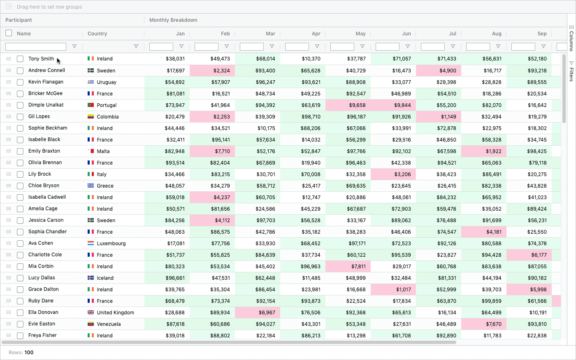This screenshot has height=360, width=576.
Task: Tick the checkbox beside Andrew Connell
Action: click(x=20, y=70)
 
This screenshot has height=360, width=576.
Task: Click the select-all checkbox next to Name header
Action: click(x=9, y=33)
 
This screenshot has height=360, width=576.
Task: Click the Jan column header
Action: click(x=180, y=34)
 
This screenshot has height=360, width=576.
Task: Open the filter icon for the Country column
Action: click(x=136, y=46)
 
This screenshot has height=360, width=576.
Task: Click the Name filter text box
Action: click(x=36, y=46)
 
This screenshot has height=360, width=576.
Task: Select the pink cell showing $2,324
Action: click(x=212, y=70)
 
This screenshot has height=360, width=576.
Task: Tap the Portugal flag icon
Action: click(x=91, y=105)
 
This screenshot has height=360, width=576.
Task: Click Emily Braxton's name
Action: click(x=44, y=151)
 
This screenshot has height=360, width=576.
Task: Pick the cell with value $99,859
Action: click(x=484, y=301)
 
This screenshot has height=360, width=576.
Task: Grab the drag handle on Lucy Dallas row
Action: click(x=9, y=278)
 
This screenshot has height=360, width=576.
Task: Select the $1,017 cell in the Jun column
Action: click(x=393, y=289)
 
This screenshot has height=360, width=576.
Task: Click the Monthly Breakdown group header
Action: click(x=173, y=20)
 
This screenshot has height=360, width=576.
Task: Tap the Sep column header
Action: click(x=542, y=34)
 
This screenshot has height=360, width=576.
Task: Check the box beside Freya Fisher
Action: click(x=20, y=335)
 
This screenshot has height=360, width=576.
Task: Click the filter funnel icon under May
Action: click(x=362, y=46)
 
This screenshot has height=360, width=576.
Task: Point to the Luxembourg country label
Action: click(x=111, y=243)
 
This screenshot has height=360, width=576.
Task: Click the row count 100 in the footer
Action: click(x=29, y=353)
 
